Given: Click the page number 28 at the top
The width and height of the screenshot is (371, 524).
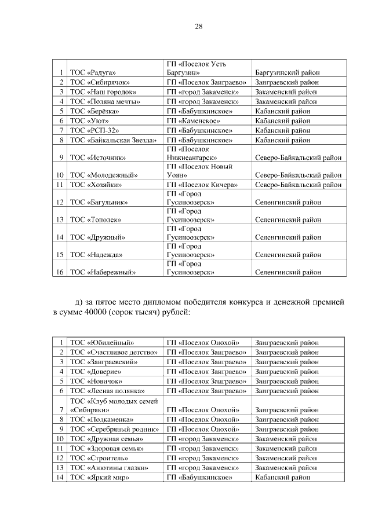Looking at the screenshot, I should (x=198, y=27).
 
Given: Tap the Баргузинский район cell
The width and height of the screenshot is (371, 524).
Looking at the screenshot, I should (x=288, y=72).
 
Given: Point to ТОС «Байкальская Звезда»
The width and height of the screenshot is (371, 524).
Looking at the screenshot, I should (x=113, y=140).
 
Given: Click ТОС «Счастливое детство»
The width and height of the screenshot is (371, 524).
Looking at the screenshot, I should (x=114, y=352).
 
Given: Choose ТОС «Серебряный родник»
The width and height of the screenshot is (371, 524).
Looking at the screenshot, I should (x=114, y=428).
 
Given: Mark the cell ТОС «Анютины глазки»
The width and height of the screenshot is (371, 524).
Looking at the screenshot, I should (x=109, y=467).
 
